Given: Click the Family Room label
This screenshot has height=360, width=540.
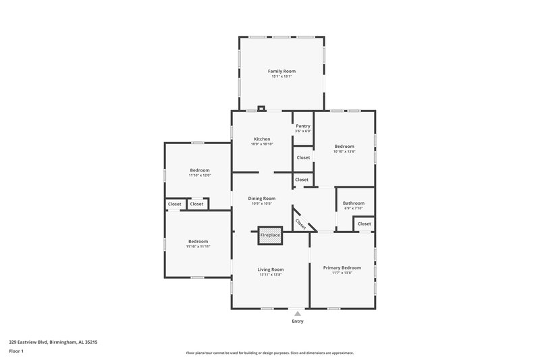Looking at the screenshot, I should coord(281,71).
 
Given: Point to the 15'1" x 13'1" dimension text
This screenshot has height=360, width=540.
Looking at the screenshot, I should coord(281,76).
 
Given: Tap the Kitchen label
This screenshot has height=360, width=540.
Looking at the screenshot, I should coord(261,139).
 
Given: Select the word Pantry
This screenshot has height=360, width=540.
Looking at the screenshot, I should coord(303,126).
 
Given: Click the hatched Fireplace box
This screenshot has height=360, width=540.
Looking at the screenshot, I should coord(270,234).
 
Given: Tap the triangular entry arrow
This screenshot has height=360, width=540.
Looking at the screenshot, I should coord(297,313).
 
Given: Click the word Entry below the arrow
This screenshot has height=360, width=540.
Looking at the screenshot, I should coord(297,322).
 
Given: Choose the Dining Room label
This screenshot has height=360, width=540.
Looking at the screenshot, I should coord(261,198).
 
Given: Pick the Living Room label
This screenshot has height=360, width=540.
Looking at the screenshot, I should coord(271,269).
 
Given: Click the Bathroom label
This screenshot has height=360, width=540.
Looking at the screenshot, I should coord(353,203).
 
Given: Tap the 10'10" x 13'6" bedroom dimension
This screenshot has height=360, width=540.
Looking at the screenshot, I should coord(344,151).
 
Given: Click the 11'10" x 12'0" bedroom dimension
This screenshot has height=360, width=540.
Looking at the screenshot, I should coord(199,176).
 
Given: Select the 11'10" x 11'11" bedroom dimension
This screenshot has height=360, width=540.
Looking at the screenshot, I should coord(198,247).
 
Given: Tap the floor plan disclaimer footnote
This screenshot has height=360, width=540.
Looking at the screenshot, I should coord(269,353).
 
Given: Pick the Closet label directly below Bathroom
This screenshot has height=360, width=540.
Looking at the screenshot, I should coord(364,224).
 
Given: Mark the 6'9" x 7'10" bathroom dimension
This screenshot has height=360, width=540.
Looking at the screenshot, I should coord(353,209).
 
